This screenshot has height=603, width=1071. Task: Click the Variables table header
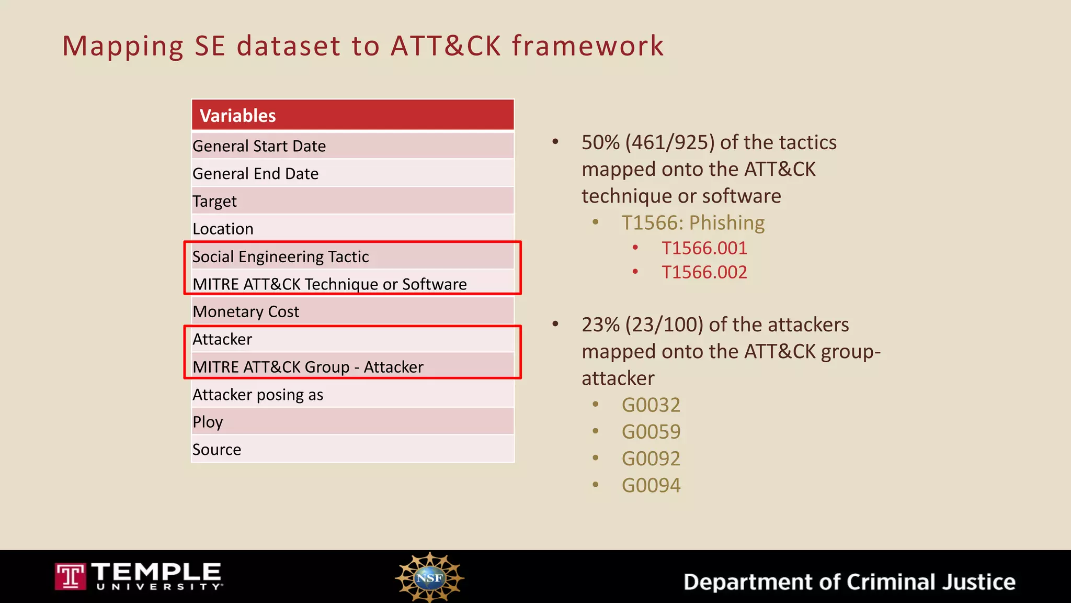[352, 115]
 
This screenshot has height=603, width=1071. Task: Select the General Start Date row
[352, 146]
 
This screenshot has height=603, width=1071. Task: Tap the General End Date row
[352, 174]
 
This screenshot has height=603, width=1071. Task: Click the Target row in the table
[352, 201]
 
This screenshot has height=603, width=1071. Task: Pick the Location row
[352, 229]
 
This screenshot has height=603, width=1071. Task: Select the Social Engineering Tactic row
[352, 256]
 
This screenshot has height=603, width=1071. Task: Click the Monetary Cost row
[352, 311]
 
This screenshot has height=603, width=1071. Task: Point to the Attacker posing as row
[352, 395]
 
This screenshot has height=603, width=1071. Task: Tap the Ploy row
[352, 422]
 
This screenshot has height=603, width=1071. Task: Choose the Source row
[352, 450]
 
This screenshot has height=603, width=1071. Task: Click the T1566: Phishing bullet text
[693, 223]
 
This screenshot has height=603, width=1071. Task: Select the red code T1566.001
[704, 248]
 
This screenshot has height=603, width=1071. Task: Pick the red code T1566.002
[704, 272]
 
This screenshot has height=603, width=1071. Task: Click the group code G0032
[651, 405]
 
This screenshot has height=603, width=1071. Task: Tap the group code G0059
[651, 432]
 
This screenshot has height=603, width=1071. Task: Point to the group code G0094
[651, 485]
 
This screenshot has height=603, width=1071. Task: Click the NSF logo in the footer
[429, 577]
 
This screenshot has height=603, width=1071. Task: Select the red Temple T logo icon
[70, 577]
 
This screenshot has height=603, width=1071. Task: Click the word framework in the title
[588, 46]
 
